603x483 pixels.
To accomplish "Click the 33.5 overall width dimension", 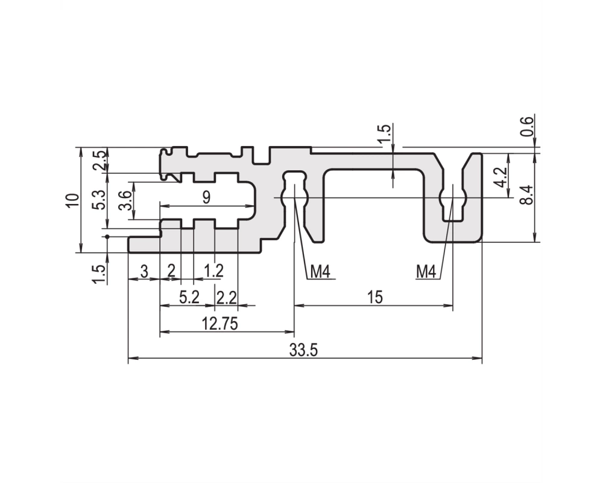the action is click(x=303, y=351).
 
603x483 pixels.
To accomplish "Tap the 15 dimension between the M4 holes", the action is click(x=375, y=298).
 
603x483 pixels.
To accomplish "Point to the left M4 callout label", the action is click(x=320, y=272).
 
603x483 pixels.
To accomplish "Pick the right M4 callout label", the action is click(x=426, y=272).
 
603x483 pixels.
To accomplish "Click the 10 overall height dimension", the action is click(x=73, y=200).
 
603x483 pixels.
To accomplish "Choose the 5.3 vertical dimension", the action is click(x=99, y=200).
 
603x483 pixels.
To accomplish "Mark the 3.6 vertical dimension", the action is click(x=125, y=200).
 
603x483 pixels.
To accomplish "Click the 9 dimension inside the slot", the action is click(x=206, y=197).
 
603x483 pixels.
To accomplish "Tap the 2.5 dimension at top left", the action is click(x=99, y=160).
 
